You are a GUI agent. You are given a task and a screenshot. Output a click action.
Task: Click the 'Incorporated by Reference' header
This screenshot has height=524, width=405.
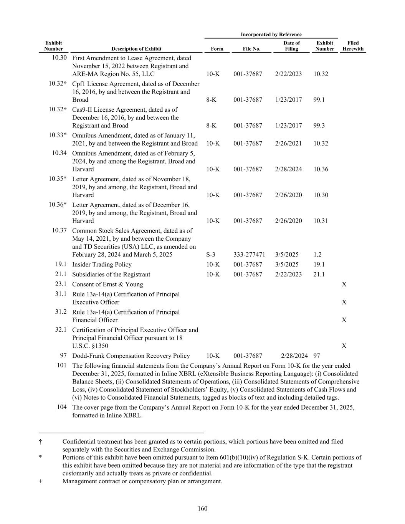click(271, 35)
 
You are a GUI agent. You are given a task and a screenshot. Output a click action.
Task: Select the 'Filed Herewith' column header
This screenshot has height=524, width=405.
click(353, 46)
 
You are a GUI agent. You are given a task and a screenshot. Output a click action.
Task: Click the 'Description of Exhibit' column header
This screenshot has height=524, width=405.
click(136, 49)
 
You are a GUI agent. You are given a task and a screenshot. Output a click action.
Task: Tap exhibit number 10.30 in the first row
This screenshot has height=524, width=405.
click(59, 58)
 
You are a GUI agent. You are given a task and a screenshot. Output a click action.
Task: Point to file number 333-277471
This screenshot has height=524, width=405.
click(249, 255)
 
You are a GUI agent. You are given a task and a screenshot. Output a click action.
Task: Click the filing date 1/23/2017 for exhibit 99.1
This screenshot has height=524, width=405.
click(288, 100)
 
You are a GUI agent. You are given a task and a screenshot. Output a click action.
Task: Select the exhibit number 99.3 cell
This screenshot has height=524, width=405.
click(319, 126)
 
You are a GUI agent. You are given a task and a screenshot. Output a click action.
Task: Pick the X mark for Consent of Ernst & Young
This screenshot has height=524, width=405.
click(344, 284)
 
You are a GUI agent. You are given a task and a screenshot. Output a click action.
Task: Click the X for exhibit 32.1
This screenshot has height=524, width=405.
click(344, 346)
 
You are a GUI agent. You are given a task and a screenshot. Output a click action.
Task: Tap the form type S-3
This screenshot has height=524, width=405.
click(210, 255)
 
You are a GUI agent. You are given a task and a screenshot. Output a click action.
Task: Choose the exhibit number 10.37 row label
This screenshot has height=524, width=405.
click(60, 230)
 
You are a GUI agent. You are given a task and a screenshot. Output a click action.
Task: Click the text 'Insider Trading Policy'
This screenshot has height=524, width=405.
click(102, 264)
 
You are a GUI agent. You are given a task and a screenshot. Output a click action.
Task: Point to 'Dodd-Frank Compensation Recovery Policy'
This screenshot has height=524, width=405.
click(131, 356)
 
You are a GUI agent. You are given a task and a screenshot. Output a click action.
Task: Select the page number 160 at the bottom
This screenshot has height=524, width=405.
click(202, 509)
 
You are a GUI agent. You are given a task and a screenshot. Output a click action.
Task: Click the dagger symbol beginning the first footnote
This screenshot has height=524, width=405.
click(40, 441)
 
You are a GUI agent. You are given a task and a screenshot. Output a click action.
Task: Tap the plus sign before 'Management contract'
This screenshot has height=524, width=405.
click(40, 481)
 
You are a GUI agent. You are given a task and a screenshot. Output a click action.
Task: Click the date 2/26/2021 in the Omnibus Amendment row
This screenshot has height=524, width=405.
click(288, 144)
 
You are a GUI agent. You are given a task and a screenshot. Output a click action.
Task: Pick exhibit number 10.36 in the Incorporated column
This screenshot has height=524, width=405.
click(321, 169)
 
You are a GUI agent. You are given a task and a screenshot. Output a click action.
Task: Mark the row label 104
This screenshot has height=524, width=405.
click(61, 407)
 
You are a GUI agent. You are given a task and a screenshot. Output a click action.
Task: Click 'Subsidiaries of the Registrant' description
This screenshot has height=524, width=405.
click(111, 274)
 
